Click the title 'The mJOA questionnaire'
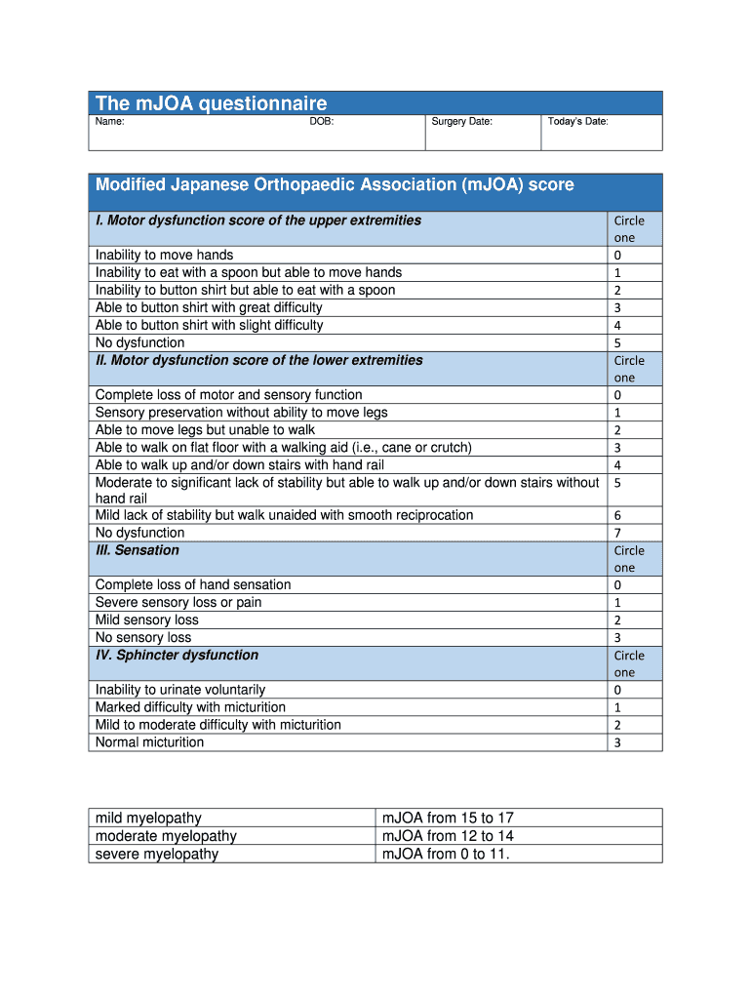tap(211, 103)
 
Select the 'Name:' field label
tap(109, 122)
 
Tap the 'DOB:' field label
tap(322, 122)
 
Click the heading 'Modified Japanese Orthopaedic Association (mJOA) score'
tap(335, 185)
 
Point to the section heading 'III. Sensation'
tap(138, 550)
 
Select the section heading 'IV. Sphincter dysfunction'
tap(177, 656)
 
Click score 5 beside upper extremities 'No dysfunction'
tap(617, 343)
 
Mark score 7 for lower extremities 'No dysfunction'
tap(617, 534)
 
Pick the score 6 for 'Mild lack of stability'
tap(617, 516)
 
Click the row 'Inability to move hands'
tap(164, 256)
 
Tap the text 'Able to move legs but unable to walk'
tap(205, 430)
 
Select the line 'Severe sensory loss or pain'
tap(178, 603)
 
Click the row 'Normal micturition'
tap(149, 742)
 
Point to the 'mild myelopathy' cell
tap(148, 819)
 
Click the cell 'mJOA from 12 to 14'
tap(448, 836)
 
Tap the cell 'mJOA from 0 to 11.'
tap(447, 855)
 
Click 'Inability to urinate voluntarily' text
tap(179, 690)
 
